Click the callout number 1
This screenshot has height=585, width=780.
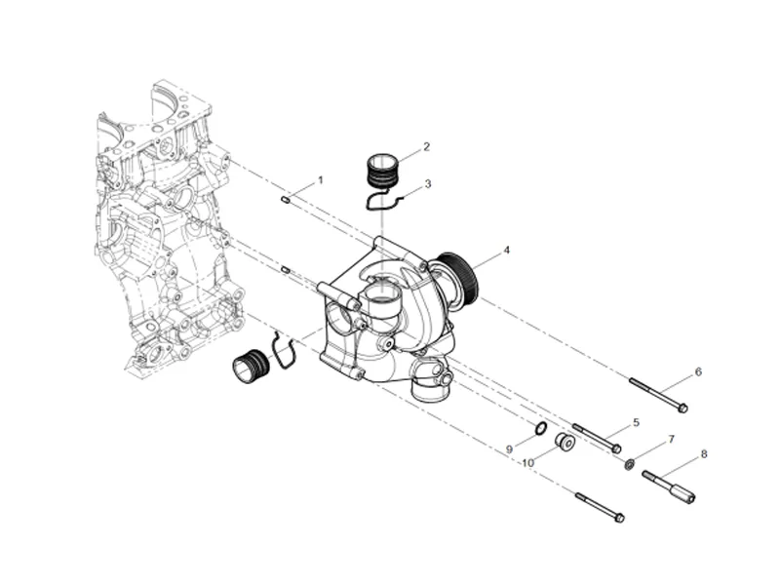pyautogui.click(x=319, y=181)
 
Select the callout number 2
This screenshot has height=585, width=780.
pyautogui.click(x=426, y=147)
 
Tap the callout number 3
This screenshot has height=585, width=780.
pyautogui.click(x=428, y=183)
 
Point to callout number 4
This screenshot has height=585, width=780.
pyautogui.click(x=506, y=251)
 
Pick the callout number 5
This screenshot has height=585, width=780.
pyautogui.click(x=636, y=423)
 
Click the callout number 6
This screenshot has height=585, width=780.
pyautogui.click(x=698, y=372)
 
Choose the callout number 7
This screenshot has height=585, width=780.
pyautogui.click(x=671, y=441)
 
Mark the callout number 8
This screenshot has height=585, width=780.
pyautogui.click(x=704, y=454)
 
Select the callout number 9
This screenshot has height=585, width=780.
pyautogui.click(x=509, y=449)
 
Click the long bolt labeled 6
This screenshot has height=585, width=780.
pyautogui.click(x=658, y=393)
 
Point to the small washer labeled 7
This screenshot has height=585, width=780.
pyautogui.click(x=630, y=464)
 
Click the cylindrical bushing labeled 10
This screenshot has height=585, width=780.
pyautogui.click(x=565, y=443)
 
